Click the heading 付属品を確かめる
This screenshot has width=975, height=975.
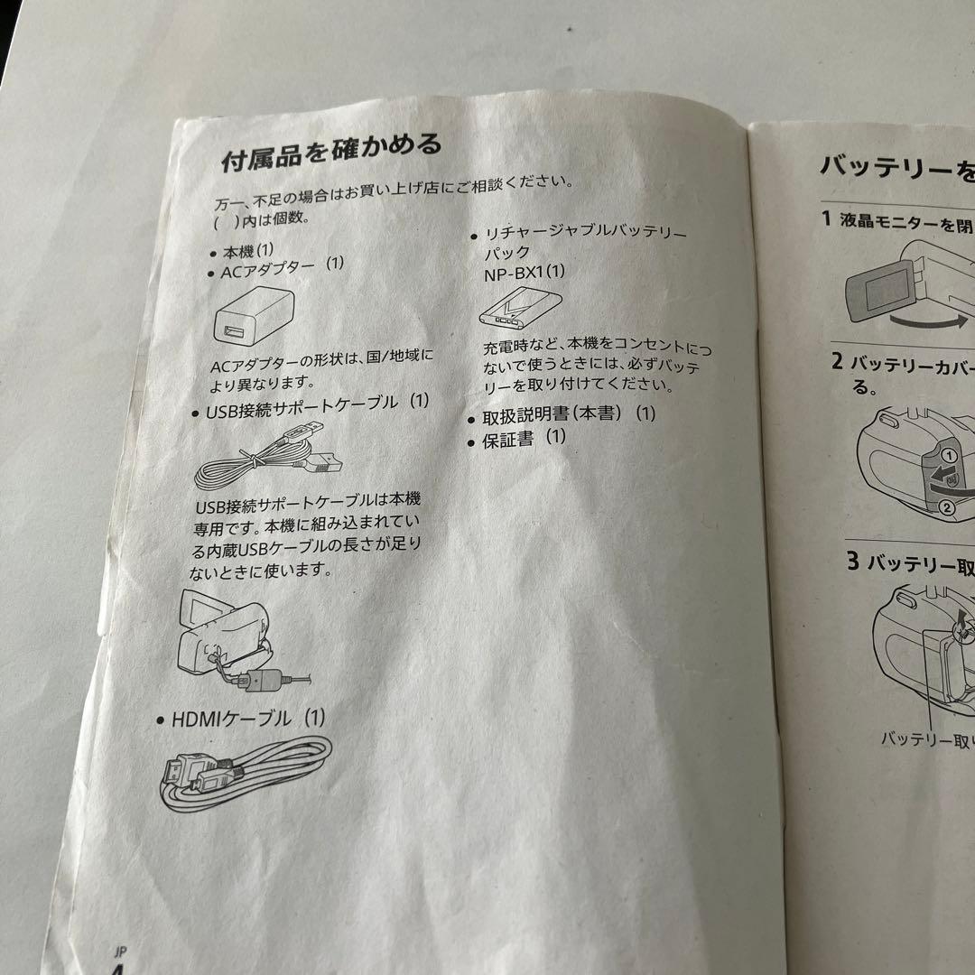pos(331,153)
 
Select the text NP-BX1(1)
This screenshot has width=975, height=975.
pos(524,272)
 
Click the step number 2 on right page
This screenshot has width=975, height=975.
pos(837,363)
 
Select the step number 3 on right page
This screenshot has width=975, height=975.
pos(853,560)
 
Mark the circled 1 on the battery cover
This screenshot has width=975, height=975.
pos(948,457)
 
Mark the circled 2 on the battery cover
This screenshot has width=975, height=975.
pos(946,506)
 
